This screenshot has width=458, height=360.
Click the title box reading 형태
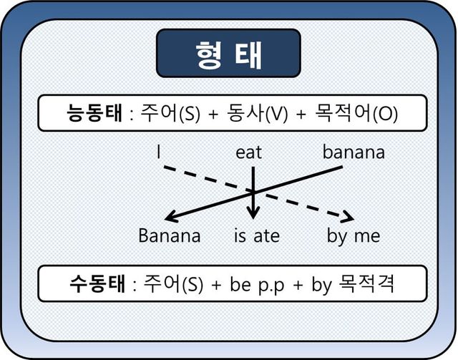click(228, 54)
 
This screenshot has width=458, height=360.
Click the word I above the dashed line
click(158, 152)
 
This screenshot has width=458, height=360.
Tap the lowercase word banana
click(354, 152)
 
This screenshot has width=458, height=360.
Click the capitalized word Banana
click(169, 235)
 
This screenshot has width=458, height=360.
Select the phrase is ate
click(256, 235)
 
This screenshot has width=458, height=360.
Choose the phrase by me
click(354, 235)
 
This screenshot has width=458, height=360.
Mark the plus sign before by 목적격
click(298, 286)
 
